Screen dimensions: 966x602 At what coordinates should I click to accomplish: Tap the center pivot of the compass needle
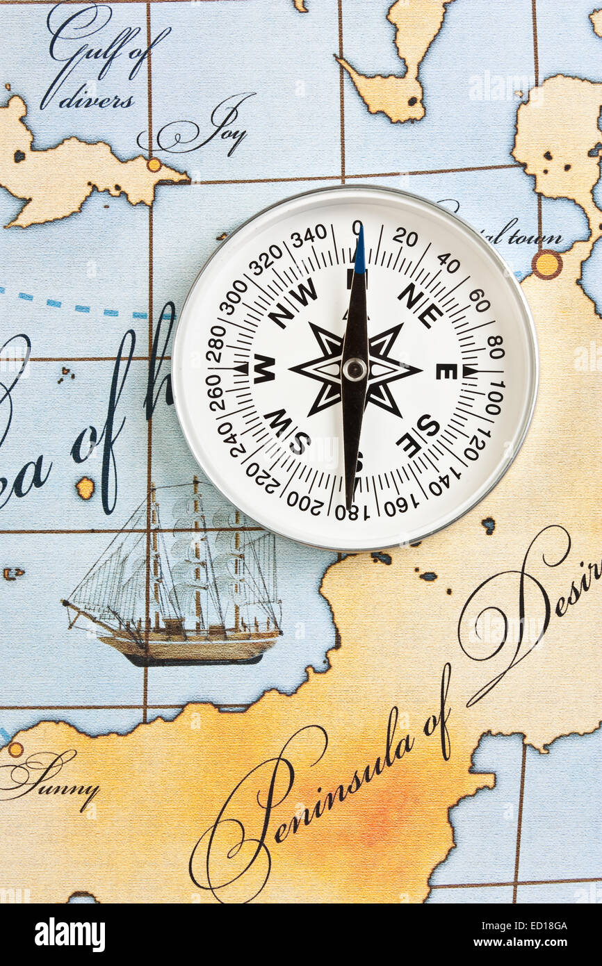(x=355, y=369)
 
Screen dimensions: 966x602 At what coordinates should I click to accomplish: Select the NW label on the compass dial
(x=293, y=303)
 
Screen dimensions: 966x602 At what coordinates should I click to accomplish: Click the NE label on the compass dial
(x=421, y=305)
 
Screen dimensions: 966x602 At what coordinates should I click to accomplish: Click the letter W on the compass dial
(x=263, y=368)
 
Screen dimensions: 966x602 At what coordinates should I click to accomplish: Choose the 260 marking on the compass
(x=213, y=393)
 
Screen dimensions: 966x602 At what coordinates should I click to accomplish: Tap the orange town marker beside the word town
(x=546, y=264)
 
